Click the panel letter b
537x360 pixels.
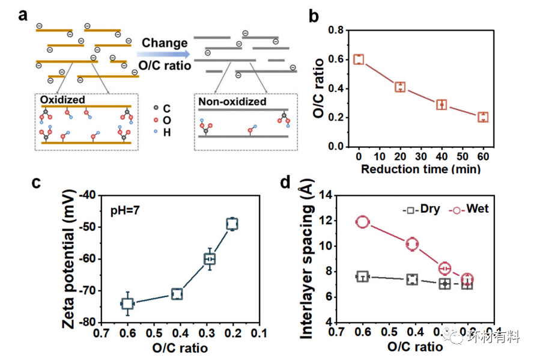tap(314, 15)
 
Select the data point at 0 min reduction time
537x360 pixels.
tap(359, 59)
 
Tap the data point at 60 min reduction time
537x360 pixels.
tap(483, 117)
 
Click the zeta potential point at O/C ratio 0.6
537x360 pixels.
tap(127, 303)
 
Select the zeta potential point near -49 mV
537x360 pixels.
tap(232, 224)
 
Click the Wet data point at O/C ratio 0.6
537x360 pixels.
tap(362, 222)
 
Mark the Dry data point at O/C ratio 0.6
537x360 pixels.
tap(362, 276)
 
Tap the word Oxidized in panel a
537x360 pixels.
tap(62, 99)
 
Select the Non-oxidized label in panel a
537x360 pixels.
tap(232, 102)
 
